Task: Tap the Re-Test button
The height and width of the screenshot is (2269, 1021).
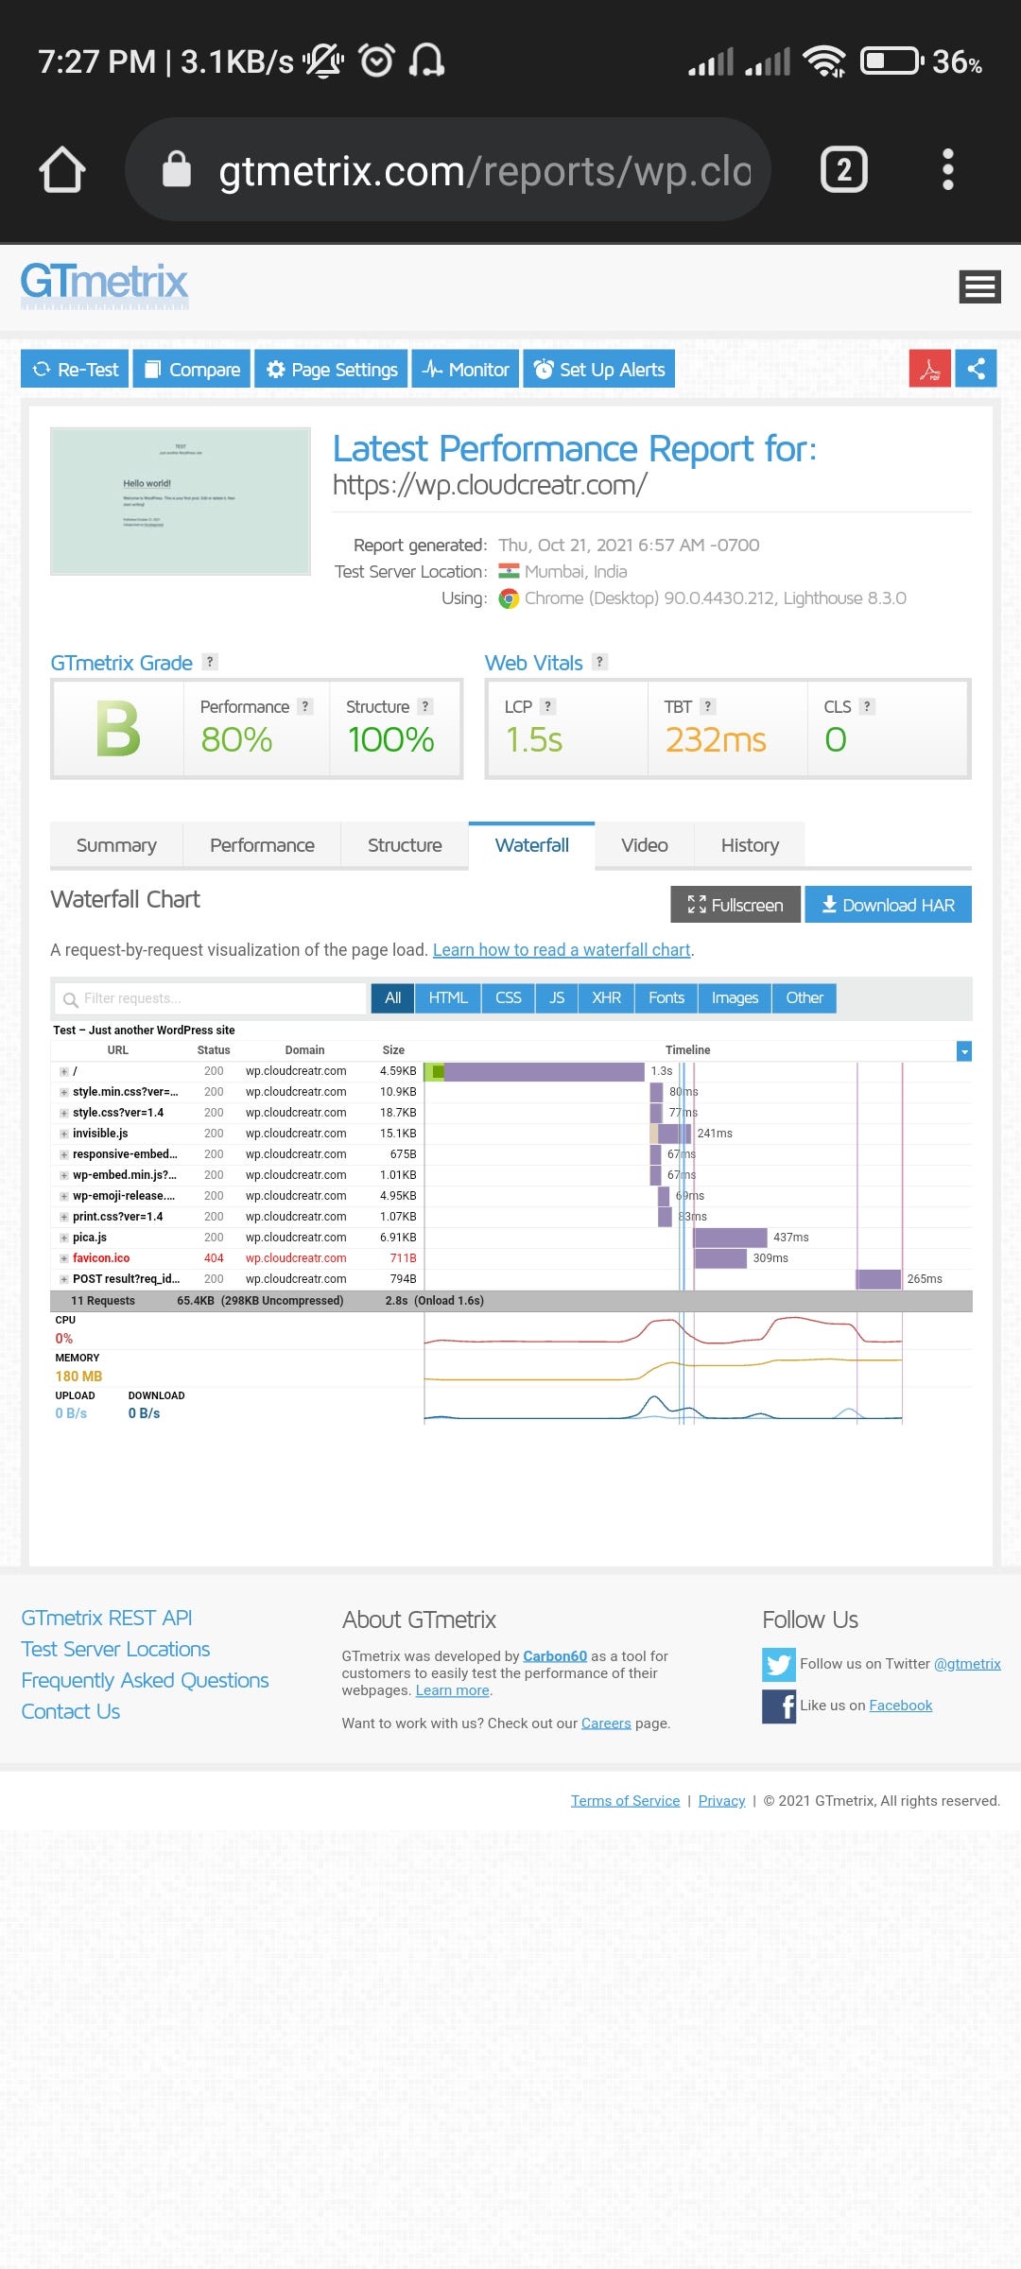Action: pos(76,369)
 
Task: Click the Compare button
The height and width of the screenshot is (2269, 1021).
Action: pos(192,369)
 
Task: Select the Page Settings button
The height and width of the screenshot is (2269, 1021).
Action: pos(332,369)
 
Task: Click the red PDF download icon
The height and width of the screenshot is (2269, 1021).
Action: pos(929,369)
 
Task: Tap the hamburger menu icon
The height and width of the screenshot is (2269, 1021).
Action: pos(979,286)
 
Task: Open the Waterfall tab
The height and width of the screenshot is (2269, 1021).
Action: pos(531,845)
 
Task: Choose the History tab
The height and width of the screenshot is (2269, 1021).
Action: pos(750,845)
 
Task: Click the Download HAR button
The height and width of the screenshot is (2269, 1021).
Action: pos(888,905)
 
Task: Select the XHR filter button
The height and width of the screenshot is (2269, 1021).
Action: pos(606,997)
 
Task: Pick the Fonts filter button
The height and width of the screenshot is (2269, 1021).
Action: pos(666,997)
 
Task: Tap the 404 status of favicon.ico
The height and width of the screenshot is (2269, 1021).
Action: pos(214,1258)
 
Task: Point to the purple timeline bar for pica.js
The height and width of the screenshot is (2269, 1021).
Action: pos(730,1238)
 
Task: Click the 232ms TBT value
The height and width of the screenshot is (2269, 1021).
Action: pos(716,739)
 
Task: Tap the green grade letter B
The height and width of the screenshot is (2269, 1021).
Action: pos(118,730)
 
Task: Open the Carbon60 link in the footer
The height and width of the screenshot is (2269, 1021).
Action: pos(555,1656)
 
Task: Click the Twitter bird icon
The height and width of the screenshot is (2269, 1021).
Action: pos(779,1664)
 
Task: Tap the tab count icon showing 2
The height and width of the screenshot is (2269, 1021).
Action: pos(843,170)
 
